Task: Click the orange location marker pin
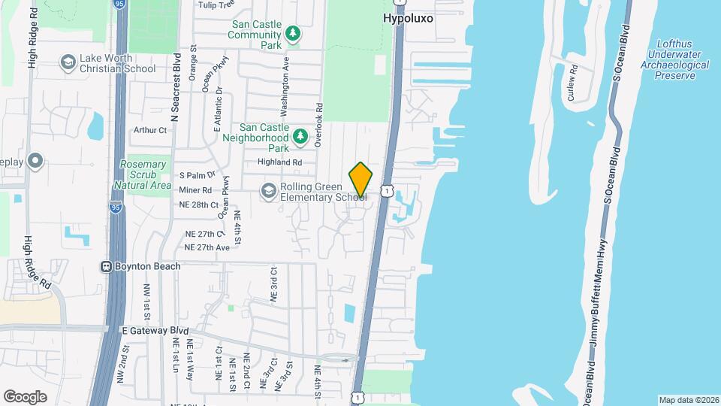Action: pos(360,180)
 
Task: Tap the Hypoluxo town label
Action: pos(408,17)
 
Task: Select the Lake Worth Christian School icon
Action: pos(68,62)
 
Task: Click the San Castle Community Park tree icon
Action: pos(293,34)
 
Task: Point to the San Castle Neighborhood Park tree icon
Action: pos(300,136)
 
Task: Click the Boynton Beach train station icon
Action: pos(107,266)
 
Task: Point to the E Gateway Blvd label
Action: pos(154,330)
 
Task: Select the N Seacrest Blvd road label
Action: pos(176,87)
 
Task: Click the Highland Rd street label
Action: pos(279,162)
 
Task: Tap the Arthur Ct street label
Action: pos(149,130)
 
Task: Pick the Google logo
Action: pos(25,396)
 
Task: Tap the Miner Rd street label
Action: pos(195,190)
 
